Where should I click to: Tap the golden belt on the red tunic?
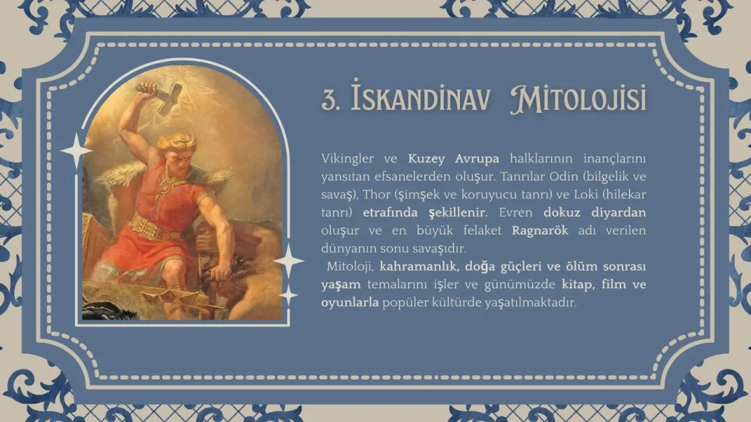(x=154, y=226)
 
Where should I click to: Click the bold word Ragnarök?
(x=540, y=230)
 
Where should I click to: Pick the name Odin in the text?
(x=566, y=176)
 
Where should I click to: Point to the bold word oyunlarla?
(x=349, y=303)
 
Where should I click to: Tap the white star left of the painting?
(x=76, y=151)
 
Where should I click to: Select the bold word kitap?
(x=578, y=285)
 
